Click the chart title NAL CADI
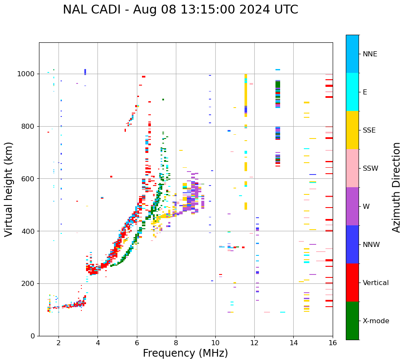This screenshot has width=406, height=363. (x=180, y=10)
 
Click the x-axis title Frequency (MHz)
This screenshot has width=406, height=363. (x=185, y=353)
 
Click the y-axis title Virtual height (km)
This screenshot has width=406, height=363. (x=9, y=189)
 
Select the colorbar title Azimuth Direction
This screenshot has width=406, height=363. (x=396, y=187)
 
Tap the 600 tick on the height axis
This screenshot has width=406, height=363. (x=29, y=179)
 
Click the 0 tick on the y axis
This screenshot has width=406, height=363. (x=33, y=336)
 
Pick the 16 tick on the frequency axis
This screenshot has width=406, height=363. (x=333, y=343)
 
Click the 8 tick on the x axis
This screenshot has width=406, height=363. (x=176, y=343)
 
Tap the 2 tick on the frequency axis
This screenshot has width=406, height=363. (x=58, y=343)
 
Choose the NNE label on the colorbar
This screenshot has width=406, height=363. (x=370, y=54)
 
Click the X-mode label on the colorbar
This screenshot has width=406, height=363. (x=376, y=321)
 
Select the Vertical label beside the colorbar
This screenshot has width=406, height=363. (x=375, y=283)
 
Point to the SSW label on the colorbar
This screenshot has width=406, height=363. (x=370, y=169)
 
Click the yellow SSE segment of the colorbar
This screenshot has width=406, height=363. (x=352, y=130)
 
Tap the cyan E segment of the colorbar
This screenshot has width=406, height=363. (x=352, y=92)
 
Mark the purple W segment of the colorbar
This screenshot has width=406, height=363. (x=352, y=206)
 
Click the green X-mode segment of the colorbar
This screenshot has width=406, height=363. (x=352, y=321)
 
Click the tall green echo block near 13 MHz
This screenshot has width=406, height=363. (x=278, y=84)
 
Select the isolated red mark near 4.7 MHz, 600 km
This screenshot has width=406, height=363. (x=111, y=177)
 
